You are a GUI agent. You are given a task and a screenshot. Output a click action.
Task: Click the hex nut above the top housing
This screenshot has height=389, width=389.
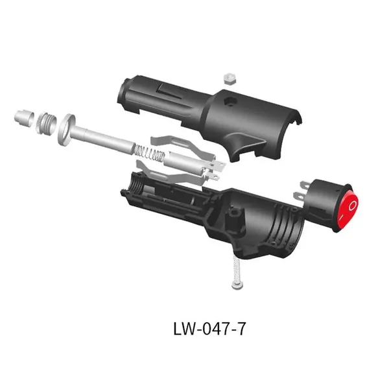click(x=230, y=79)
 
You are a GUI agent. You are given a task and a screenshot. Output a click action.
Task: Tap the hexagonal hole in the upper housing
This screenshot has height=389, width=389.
click(x=230, y=101)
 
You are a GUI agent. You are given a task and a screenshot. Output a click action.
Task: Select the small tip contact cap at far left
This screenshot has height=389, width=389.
click(x=24, y=117)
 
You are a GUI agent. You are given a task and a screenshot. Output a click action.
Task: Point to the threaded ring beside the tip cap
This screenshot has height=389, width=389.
click(x=46, y=122)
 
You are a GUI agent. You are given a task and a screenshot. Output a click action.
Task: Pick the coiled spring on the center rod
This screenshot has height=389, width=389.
click(x=150, y=153)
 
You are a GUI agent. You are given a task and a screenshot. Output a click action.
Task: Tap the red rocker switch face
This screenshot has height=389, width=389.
click(x=348, y=209)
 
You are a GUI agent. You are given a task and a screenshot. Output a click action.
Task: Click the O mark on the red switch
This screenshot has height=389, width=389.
click(x=353, y=206)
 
